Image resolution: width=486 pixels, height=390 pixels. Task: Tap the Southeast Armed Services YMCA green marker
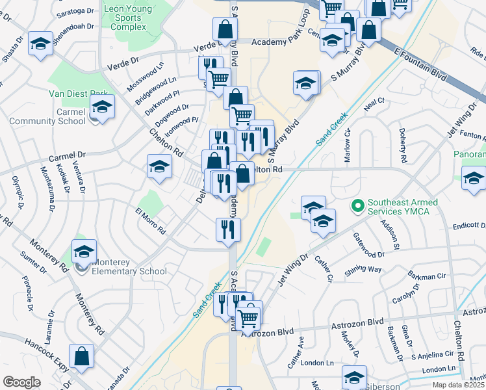[x=357, y=207]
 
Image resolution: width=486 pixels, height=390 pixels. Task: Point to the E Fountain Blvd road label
[x=422, y=62]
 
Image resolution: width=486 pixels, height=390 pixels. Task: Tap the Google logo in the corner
[x=22, y=382]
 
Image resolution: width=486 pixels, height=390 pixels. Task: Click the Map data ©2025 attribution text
[x=458, y=385]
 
